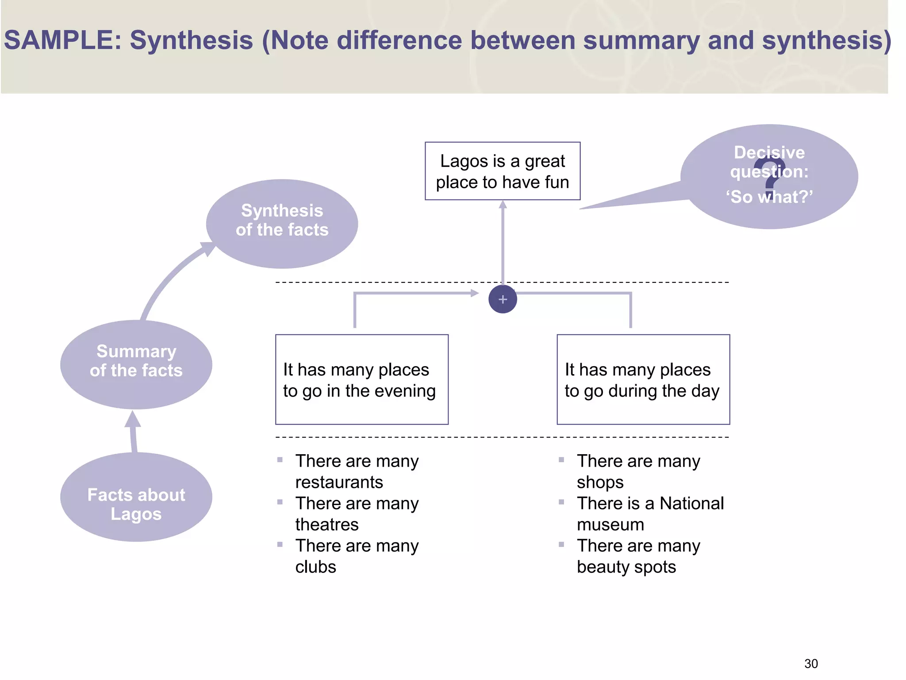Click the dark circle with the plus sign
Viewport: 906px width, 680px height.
pos(503,299)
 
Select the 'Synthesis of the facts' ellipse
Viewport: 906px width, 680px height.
pos(282,224)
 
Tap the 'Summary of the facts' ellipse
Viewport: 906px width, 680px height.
pos(136,364)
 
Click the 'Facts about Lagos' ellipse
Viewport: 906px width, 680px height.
pos(136,497)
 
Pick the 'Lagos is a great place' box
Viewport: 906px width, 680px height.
pos(502,171)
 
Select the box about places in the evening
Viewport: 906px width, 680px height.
pos(361,379)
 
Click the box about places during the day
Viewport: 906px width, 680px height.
pos(643,379)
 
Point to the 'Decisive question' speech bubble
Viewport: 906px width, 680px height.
pos(769,176)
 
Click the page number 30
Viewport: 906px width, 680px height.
pos(811,664)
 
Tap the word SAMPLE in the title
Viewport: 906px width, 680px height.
pos(62,40)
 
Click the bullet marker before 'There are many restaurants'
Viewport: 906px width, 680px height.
pos(280,460)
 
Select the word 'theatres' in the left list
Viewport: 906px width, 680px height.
pos(326,525)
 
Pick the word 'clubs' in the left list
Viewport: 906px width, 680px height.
pos(315,567)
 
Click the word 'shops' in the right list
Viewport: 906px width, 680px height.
pos(600,482)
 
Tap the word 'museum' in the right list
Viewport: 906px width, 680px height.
pos(610,525)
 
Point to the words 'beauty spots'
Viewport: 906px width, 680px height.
pos(626,567)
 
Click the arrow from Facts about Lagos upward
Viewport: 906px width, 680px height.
pos(133,432)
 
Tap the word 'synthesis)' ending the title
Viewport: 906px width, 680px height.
pos(826,40)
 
